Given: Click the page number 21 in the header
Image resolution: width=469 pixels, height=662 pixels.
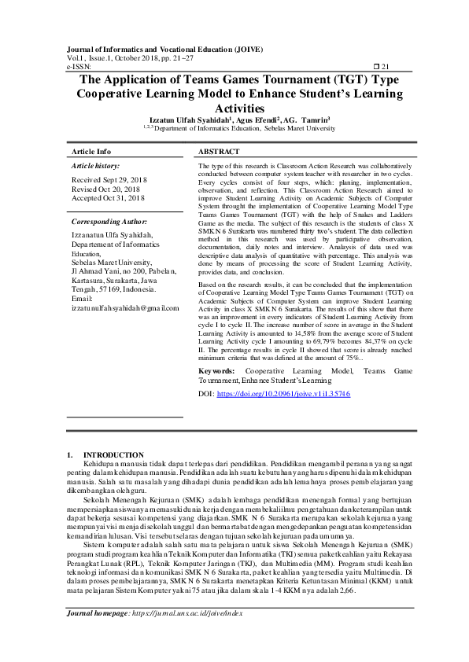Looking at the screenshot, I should pyautogui.click(x=386, y=68).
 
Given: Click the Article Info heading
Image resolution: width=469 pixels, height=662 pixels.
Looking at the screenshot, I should pyautogui.click(x=91, y=151).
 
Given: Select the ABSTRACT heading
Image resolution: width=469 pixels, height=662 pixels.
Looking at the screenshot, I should pyautogui.click(x=218, y=151).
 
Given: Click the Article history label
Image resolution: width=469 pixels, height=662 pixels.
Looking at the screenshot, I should pyautogui.click(x=96, y=167).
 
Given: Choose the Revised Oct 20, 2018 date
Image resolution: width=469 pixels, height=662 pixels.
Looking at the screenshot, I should pyautogui.click(x=105, y=189).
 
